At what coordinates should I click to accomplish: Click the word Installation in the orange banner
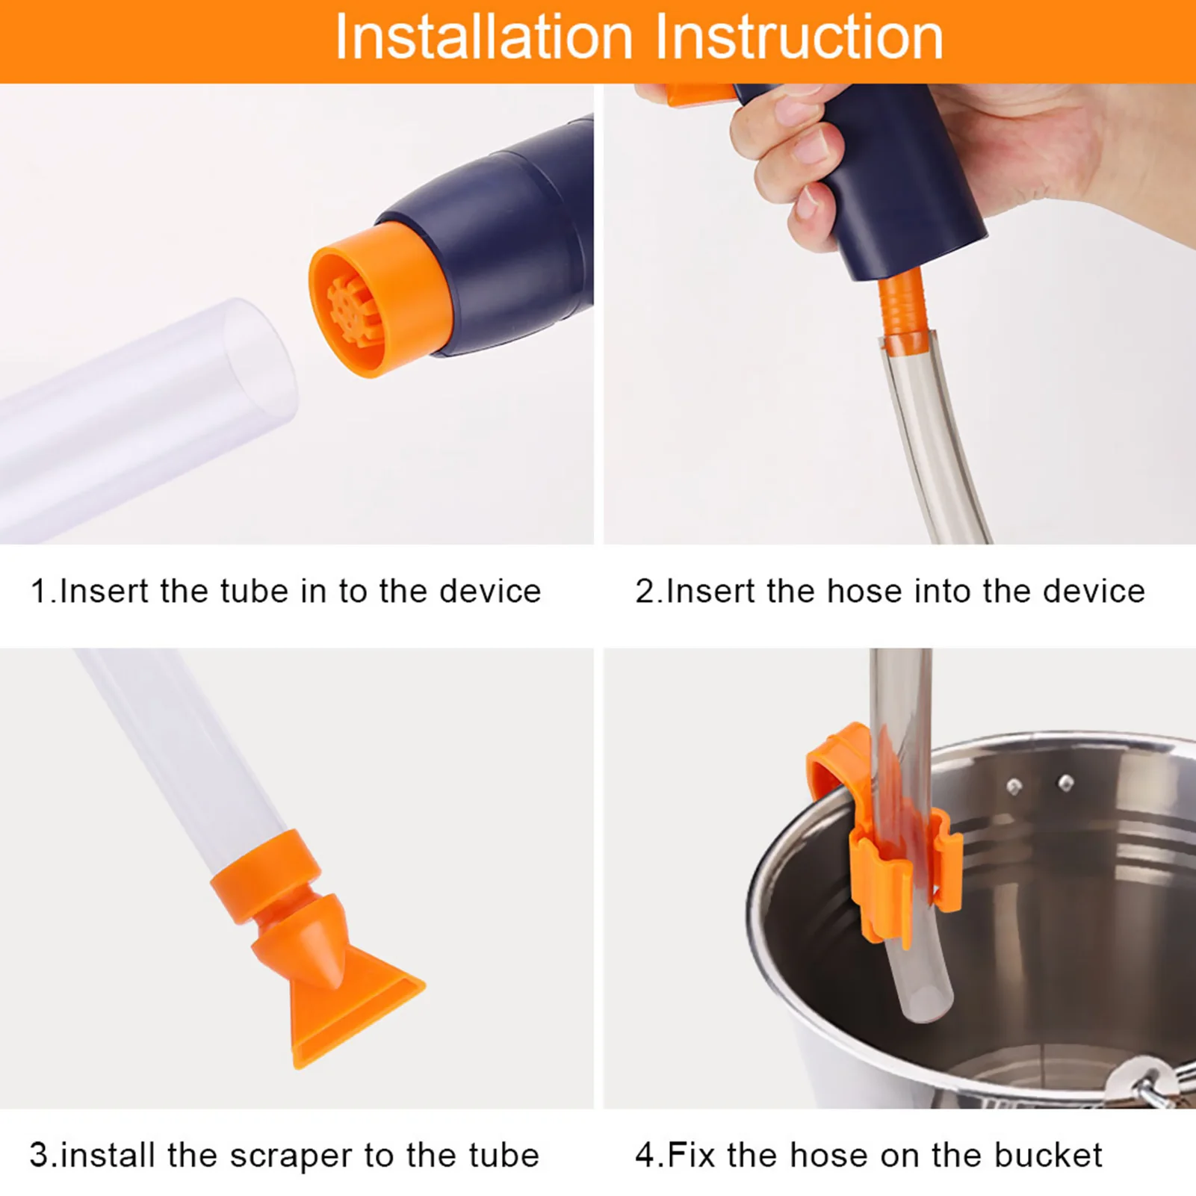484,37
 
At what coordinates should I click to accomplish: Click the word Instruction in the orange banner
799,37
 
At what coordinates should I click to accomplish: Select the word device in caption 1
490,591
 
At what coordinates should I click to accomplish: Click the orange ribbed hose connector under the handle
901,308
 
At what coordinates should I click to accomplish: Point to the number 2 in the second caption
645,591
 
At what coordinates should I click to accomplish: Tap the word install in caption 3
107,1155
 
